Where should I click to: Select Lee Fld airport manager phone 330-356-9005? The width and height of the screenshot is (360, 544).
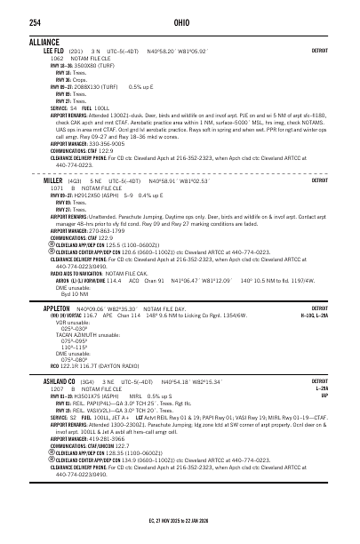[x=108, y=142]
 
